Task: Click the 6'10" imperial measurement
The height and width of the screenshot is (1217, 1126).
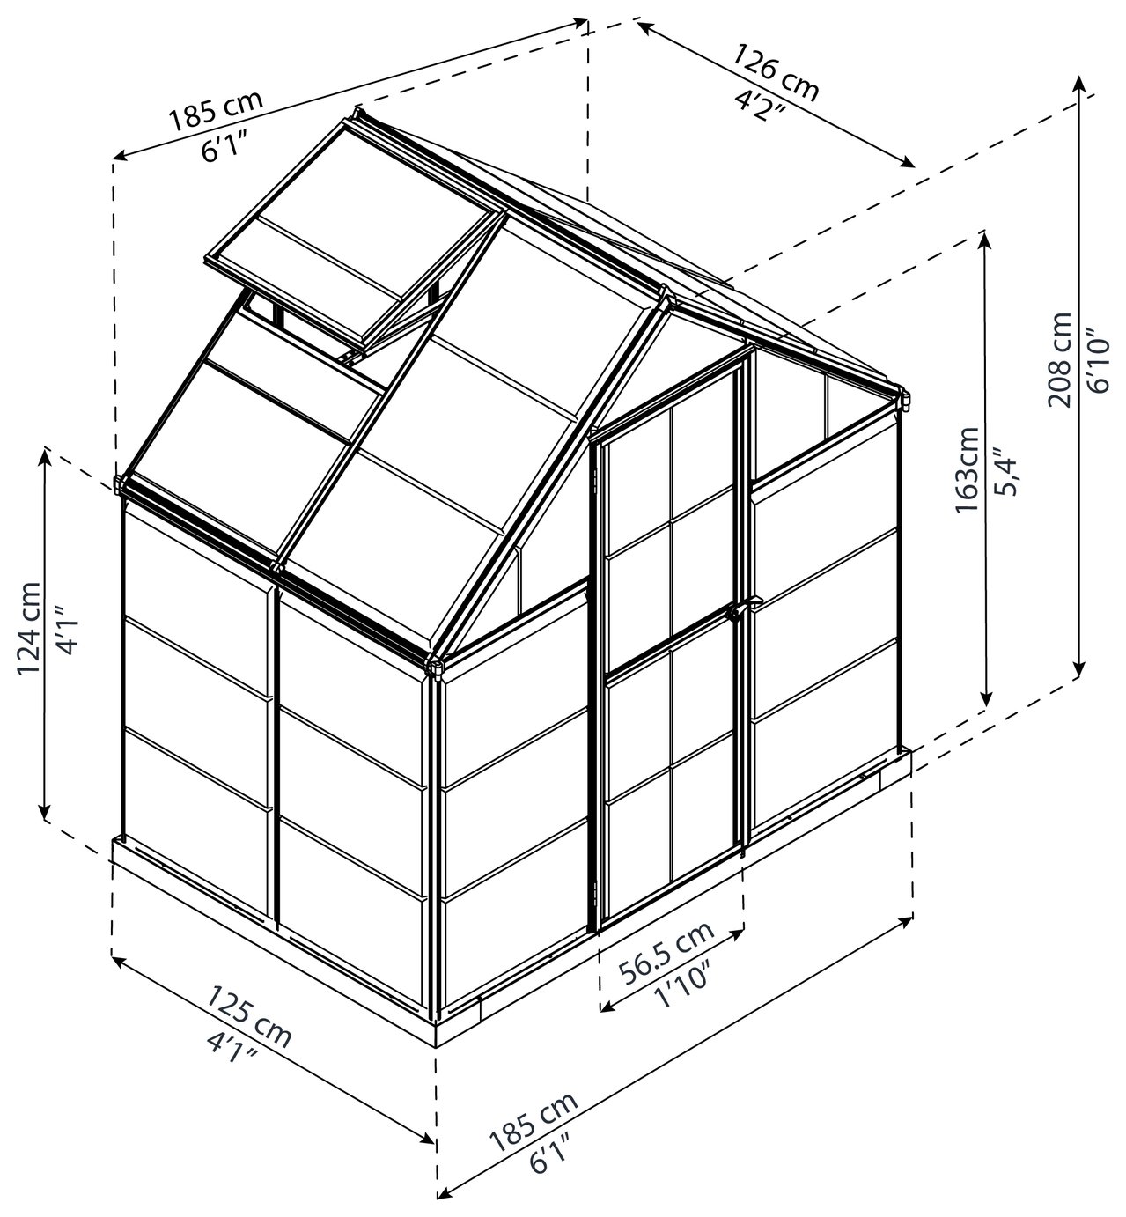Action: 1097,364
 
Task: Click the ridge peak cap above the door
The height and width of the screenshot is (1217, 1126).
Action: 666,296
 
